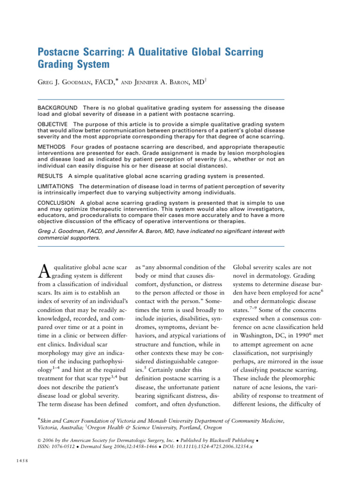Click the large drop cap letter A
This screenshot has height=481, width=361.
click(43, 270)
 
